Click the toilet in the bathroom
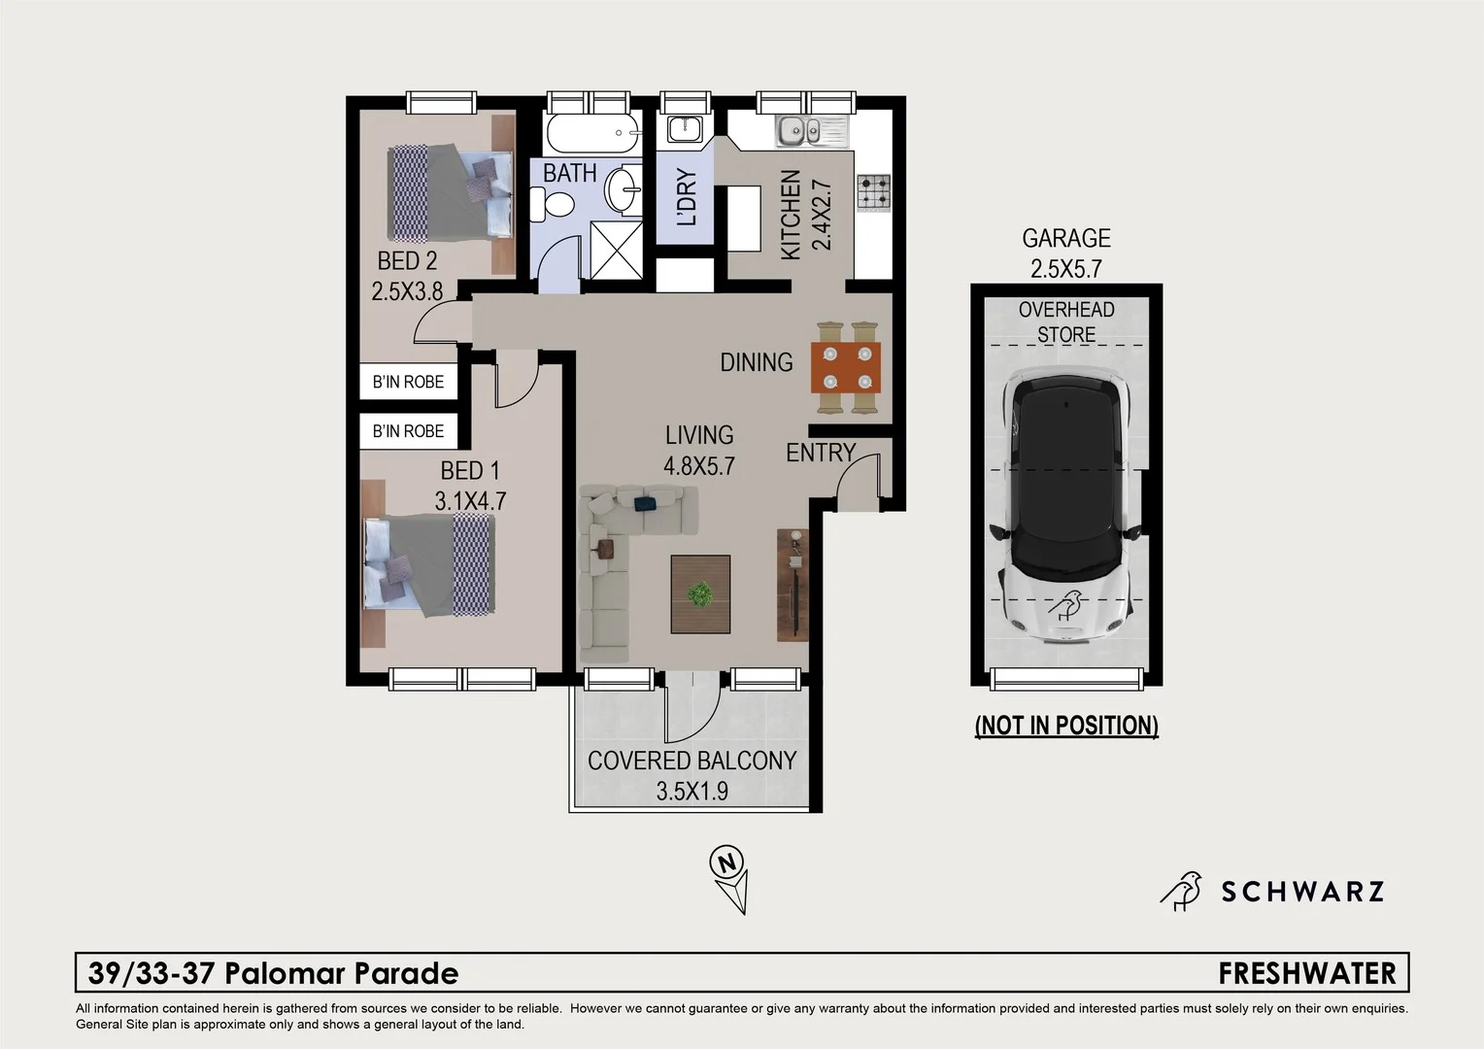coord(556,204)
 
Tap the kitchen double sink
coord(811,129)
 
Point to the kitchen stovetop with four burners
coord(873,191)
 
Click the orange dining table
coord(846,367)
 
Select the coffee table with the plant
coord(700,594)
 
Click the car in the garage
coord(1066,503)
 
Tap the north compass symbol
coord(729,879)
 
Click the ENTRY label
coord(821,453)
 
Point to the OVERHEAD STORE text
coord(1066,321)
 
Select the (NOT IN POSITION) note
coord(1066,726)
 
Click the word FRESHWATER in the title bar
coord(1306,973)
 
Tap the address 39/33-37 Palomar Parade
coord(273,973)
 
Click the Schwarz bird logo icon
coord(1182,891)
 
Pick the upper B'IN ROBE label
coord(408,382)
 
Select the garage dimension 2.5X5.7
coord(1066,269)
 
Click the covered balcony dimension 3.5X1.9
coord(691,791)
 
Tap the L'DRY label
coord(686,197)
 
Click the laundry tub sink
coord(686,128)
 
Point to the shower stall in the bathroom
coord(616,250)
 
